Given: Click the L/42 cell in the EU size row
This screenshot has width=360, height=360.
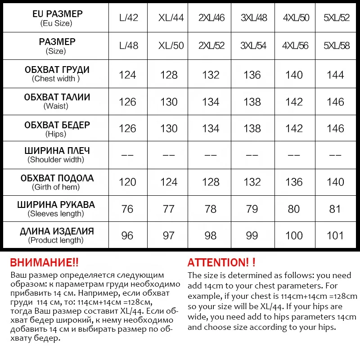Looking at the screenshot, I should click(x=129, y=18).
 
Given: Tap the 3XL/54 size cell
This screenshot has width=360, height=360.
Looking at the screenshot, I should click(x=253, y=46).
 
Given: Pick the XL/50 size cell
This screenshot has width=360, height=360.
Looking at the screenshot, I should click(x=171, y=46).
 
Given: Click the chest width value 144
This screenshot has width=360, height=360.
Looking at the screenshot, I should click(x=335, y=75).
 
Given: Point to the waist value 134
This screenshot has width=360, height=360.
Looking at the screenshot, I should click(x=211, y=102).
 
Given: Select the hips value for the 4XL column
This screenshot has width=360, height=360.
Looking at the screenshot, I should click(x=294, y=129).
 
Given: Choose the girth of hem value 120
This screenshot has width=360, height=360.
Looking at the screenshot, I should click(x=127, y=182).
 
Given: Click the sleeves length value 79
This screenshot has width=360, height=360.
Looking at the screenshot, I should click(x=252, y=209).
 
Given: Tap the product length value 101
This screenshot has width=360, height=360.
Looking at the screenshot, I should click(x=335, y=235).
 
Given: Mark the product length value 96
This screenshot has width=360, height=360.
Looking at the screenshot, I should click(x=127, y=235).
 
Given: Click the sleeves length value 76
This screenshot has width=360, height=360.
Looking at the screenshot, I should click(x=127, y=209).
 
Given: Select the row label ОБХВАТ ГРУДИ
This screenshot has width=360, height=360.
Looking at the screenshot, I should click(x=57, y=70).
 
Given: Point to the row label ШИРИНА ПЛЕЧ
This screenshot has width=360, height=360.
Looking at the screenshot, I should click(x=57, y=151).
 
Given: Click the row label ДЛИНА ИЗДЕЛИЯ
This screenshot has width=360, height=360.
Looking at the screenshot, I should click(x=57, y=231).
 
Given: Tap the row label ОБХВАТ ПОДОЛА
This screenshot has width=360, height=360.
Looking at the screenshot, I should click(x=57, y=178).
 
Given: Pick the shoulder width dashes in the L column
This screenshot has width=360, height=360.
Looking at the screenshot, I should click(x=127, y=155).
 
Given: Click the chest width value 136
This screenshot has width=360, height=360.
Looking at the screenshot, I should click(x=252, y=75).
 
